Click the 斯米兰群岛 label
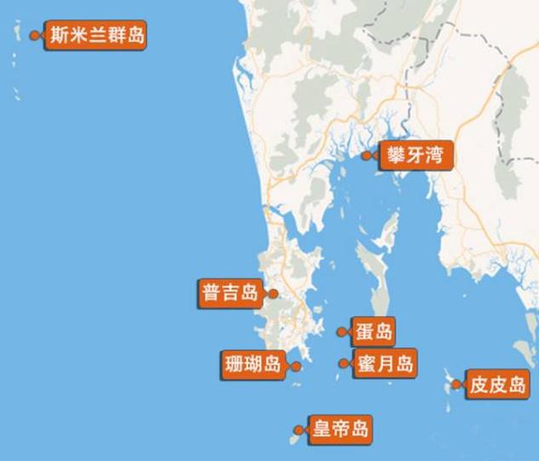pyautogui.click(x=96, y=36)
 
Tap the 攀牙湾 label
pyautogui.click(x=413, y=155)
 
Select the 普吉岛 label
pyautogui.click(x=229, y=293)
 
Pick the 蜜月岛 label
pyautogui.click(x=384, y=364)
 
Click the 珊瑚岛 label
pyautogui.click(x=252, y=365)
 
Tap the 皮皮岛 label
pyautogui.click(x=499, y=385)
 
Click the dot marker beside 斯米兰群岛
pyautogui.click(x=34, y=36)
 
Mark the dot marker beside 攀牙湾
pyautogui.click(x=367, y=155)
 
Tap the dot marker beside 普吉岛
pyautogui.click(x=273, y=293)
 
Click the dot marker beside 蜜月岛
pyautogui.click(x=342, y=364)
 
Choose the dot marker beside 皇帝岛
pyautogui.click(x=297, y=429)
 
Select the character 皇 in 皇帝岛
pyautogui.click(x=322, y=429)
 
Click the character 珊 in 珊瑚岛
pyautogui.click(x=233, y=365)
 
